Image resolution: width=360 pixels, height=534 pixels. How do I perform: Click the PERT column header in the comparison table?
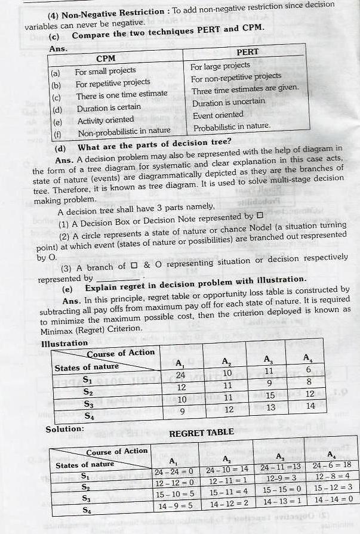[x=247, y=52]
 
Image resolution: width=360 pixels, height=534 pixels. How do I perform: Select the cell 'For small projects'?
[x=106, y=71]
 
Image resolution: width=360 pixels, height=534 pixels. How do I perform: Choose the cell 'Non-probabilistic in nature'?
[x=123, y=131]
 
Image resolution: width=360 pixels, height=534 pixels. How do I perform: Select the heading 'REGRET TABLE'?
[x=201, y=433]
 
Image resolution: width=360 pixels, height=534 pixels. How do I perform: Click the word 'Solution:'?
[x=64, y=429]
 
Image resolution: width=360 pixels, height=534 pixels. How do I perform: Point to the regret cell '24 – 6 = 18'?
[x=332, y=465]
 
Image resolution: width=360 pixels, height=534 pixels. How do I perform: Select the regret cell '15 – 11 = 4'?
[x=227, y=493]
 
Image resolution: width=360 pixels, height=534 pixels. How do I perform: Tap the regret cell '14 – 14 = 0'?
[x=333, y=499]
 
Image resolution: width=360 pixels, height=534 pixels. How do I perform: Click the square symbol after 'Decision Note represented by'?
[x=259, y=216]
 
